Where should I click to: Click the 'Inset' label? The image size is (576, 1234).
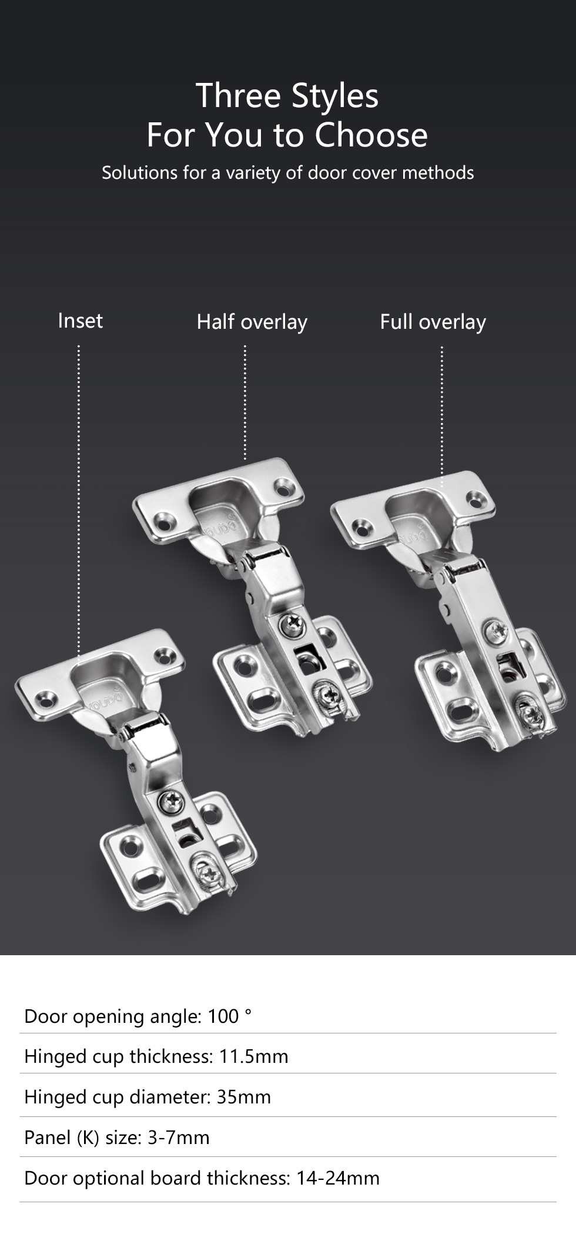81,321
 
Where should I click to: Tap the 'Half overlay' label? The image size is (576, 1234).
252,322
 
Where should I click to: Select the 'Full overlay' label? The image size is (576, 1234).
433,322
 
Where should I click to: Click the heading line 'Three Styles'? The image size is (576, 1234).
287,96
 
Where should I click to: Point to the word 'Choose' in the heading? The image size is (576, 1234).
371,135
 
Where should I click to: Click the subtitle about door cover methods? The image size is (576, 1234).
288,173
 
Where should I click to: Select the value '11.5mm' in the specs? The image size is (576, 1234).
254,1056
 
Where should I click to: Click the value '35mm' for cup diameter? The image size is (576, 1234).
244,1097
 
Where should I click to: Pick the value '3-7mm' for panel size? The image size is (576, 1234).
179,1138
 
